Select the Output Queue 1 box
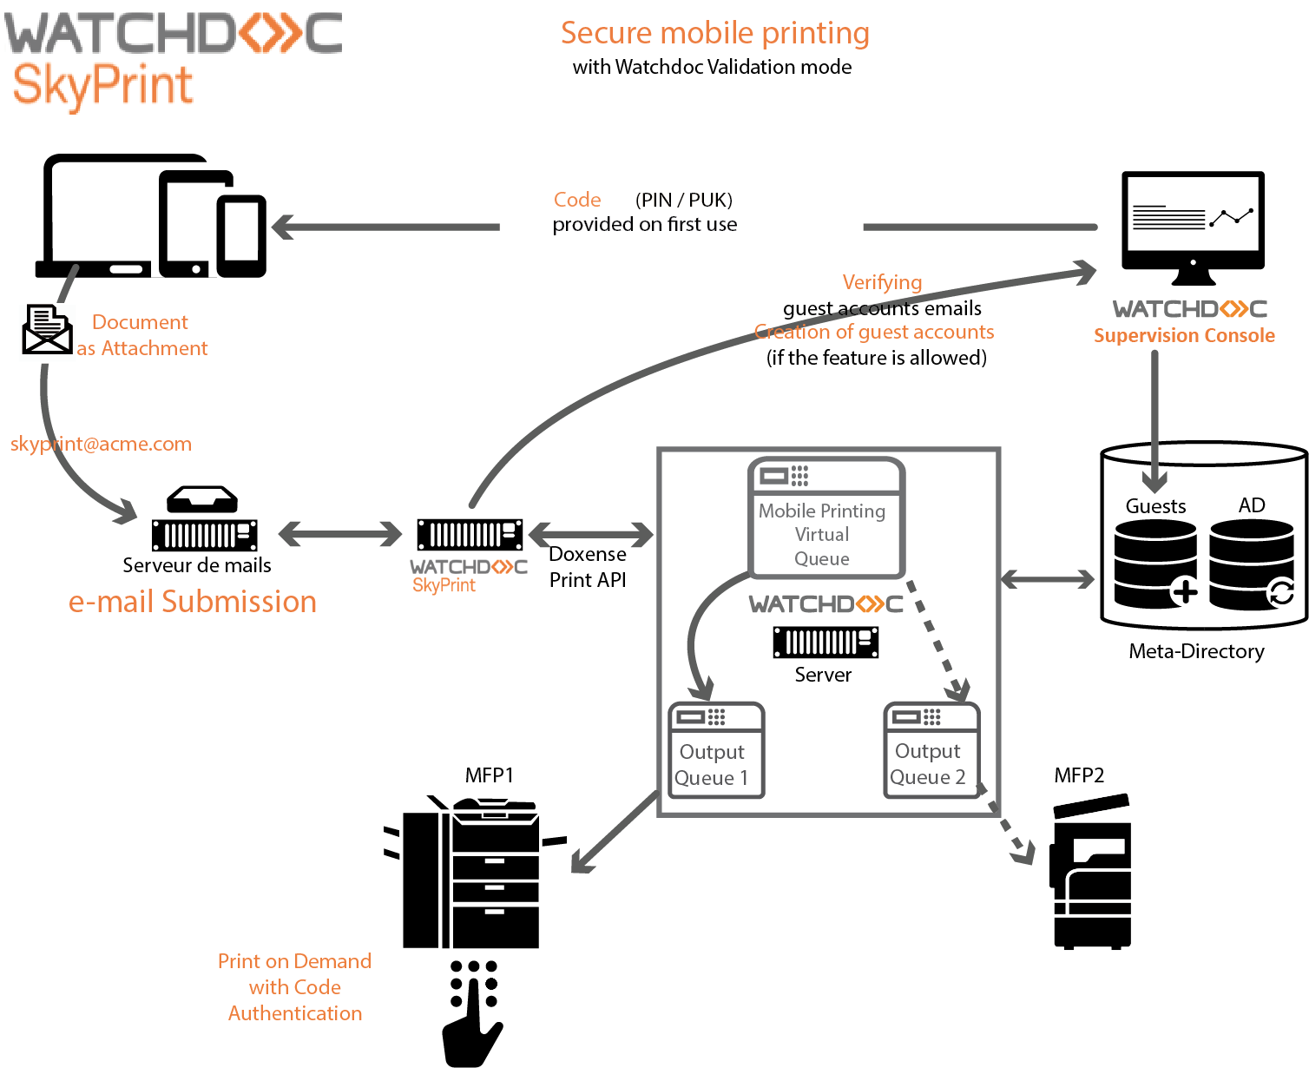[x=716, y=750]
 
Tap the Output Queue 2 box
[x=931, y=750]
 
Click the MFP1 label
[x=490, y=775]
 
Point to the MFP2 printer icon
[x=1092, y=872]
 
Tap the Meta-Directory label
[x=1196, y=651]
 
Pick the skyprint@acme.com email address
[x=101, y=444]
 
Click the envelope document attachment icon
[x=47, y=329]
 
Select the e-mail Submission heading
[x=193, y=602]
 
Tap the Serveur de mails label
[x=197, y=565]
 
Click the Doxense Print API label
[x=588, y=567]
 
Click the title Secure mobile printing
[x=714, y=33]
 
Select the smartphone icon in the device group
[x=241, y=235]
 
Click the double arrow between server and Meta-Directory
[x=1048, y=579]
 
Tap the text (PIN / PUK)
[x=684, y=200]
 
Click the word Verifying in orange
[x=882, y=282]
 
